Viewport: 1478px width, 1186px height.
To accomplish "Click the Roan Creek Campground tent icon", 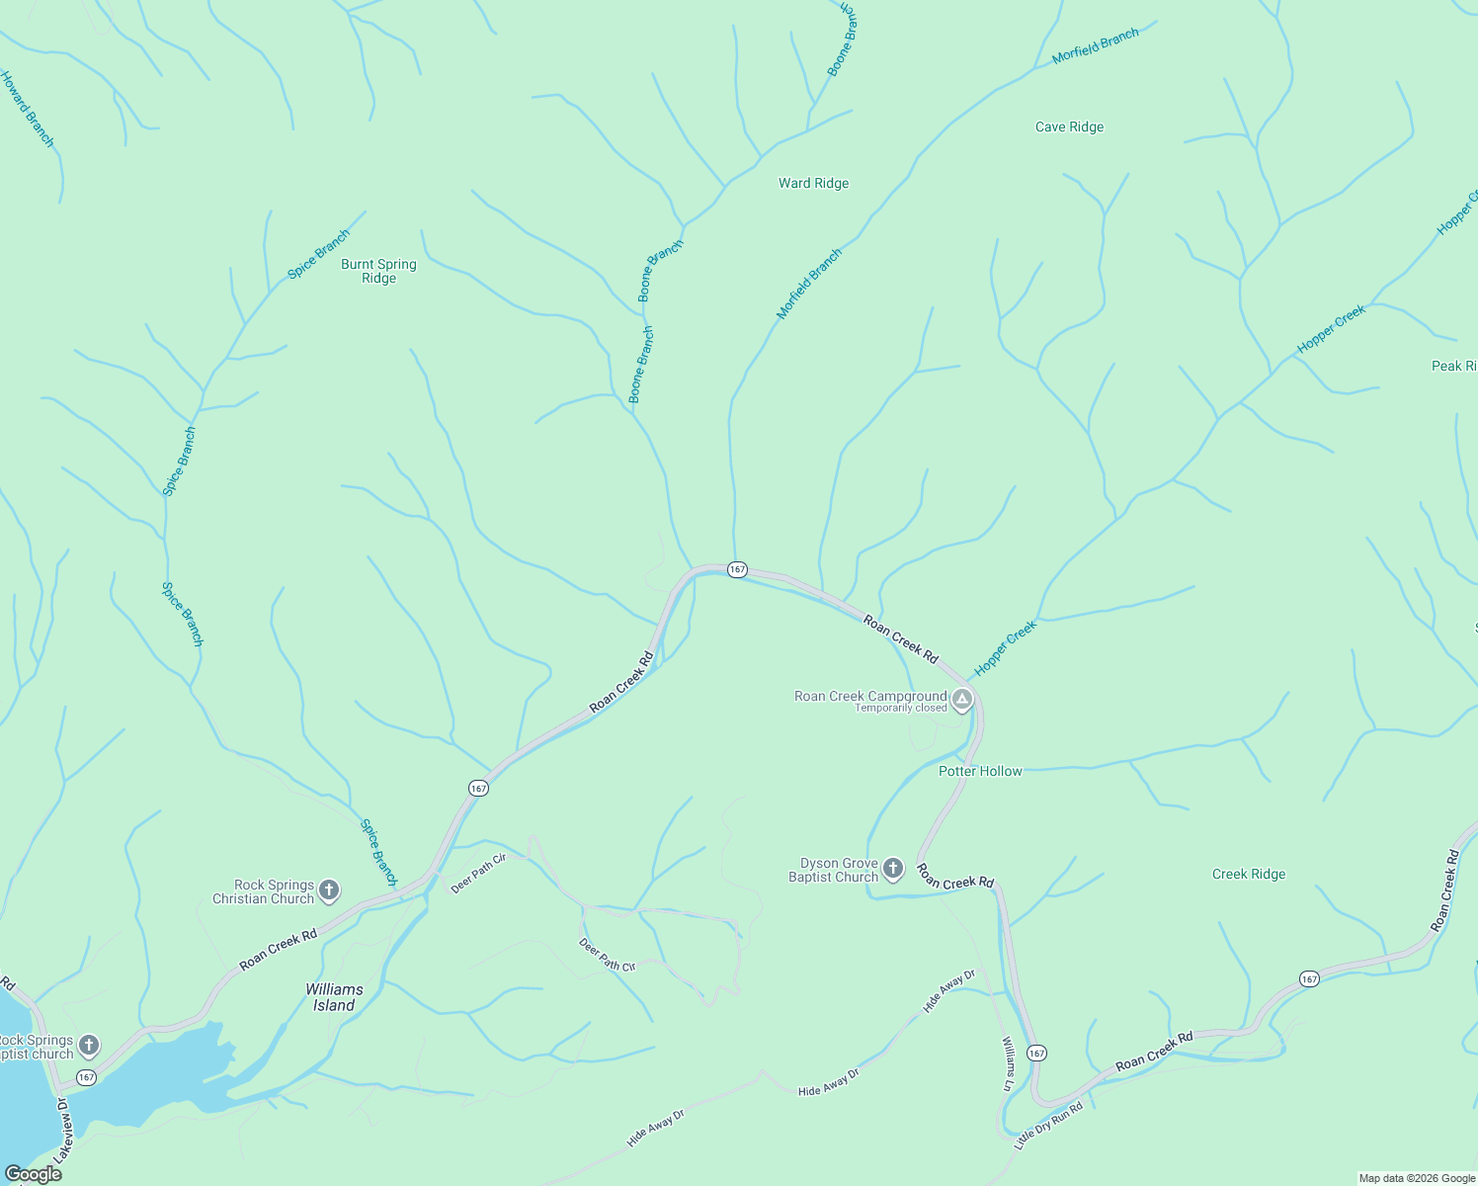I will [x=962, y=700].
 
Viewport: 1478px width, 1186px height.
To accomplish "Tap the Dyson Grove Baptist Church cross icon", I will [x=892, y=869].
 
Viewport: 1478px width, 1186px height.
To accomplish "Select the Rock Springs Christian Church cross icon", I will [x=330, y=890].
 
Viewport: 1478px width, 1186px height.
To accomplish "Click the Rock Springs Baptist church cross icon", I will [x=89, y=1045].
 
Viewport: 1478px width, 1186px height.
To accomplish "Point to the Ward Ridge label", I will [x=813, y=183].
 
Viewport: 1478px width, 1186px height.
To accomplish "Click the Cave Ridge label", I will [x=1069, y=127].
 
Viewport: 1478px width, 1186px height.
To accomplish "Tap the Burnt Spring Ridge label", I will [x=378, y=271].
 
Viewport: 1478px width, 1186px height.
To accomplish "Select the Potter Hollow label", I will [x=980, y=771].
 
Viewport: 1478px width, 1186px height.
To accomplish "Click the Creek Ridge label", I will [x=1249, y=874].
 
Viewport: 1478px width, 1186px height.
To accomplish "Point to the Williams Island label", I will [x=334, y=997].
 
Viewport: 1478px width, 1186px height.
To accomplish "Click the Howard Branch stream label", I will [x=27, y=110].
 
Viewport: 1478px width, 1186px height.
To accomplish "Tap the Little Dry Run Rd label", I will [x=1049, y=1124].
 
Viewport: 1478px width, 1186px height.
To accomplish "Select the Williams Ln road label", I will [x=1008, y=1063].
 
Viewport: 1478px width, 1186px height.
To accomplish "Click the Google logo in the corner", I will [x=33, y=1174].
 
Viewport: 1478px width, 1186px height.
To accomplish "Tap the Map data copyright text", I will [x=1417, y=1178].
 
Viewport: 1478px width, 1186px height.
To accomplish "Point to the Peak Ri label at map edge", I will [x=1453, y=366].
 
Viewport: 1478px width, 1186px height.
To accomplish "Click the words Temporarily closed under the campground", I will [x=900, y=708].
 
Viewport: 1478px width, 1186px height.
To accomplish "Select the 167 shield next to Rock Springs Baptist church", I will [x=87, y=1077].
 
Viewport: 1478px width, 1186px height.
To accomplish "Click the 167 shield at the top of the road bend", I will [x=737, y=569].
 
